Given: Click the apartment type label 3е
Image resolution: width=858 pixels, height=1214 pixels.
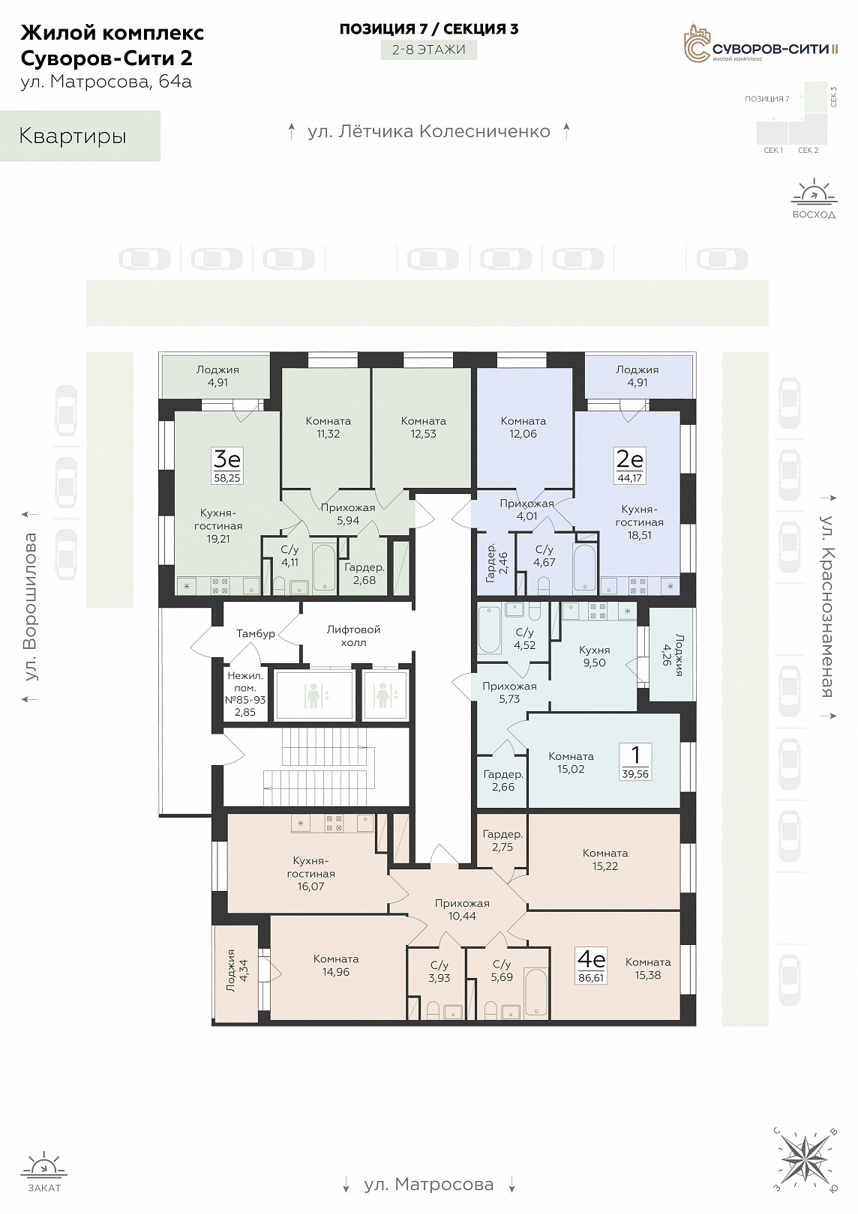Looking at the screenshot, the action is (x=226, y=459).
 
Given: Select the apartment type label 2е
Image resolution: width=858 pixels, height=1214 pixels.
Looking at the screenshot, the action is (x=629, y=459).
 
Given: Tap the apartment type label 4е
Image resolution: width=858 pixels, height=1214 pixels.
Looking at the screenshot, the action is (x=591, y=959).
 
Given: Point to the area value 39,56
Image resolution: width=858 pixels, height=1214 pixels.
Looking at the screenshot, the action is (x=635, y=774).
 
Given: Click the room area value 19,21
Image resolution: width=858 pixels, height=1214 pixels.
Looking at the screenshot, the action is (x=218, y=539).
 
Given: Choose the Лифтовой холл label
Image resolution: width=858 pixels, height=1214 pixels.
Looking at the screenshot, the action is (x=353, y=635).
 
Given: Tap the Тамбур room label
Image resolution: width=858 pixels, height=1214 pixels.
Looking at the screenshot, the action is (x=256, y=633).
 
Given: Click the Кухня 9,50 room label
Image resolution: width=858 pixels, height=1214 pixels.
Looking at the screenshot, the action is (x=595, y=656).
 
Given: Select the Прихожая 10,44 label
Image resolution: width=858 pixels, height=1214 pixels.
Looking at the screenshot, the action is (x=462, y=910).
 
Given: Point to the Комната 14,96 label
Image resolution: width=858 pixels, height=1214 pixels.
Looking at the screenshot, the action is (x=336, y=965).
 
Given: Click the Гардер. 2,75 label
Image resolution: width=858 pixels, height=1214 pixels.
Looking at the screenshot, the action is (x=502, y=841).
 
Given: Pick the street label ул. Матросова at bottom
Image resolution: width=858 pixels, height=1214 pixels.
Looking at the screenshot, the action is (x=428, y=1184).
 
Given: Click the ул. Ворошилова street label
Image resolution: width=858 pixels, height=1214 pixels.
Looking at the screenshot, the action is (x=31, y=606).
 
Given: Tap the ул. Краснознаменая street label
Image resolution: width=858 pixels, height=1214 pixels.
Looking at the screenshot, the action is (x=826, y=606).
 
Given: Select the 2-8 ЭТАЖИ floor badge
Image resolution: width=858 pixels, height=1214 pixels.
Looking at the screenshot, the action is (x=428, y=50).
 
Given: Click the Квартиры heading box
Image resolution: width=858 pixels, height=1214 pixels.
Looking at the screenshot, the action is (x=80, y=136).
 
